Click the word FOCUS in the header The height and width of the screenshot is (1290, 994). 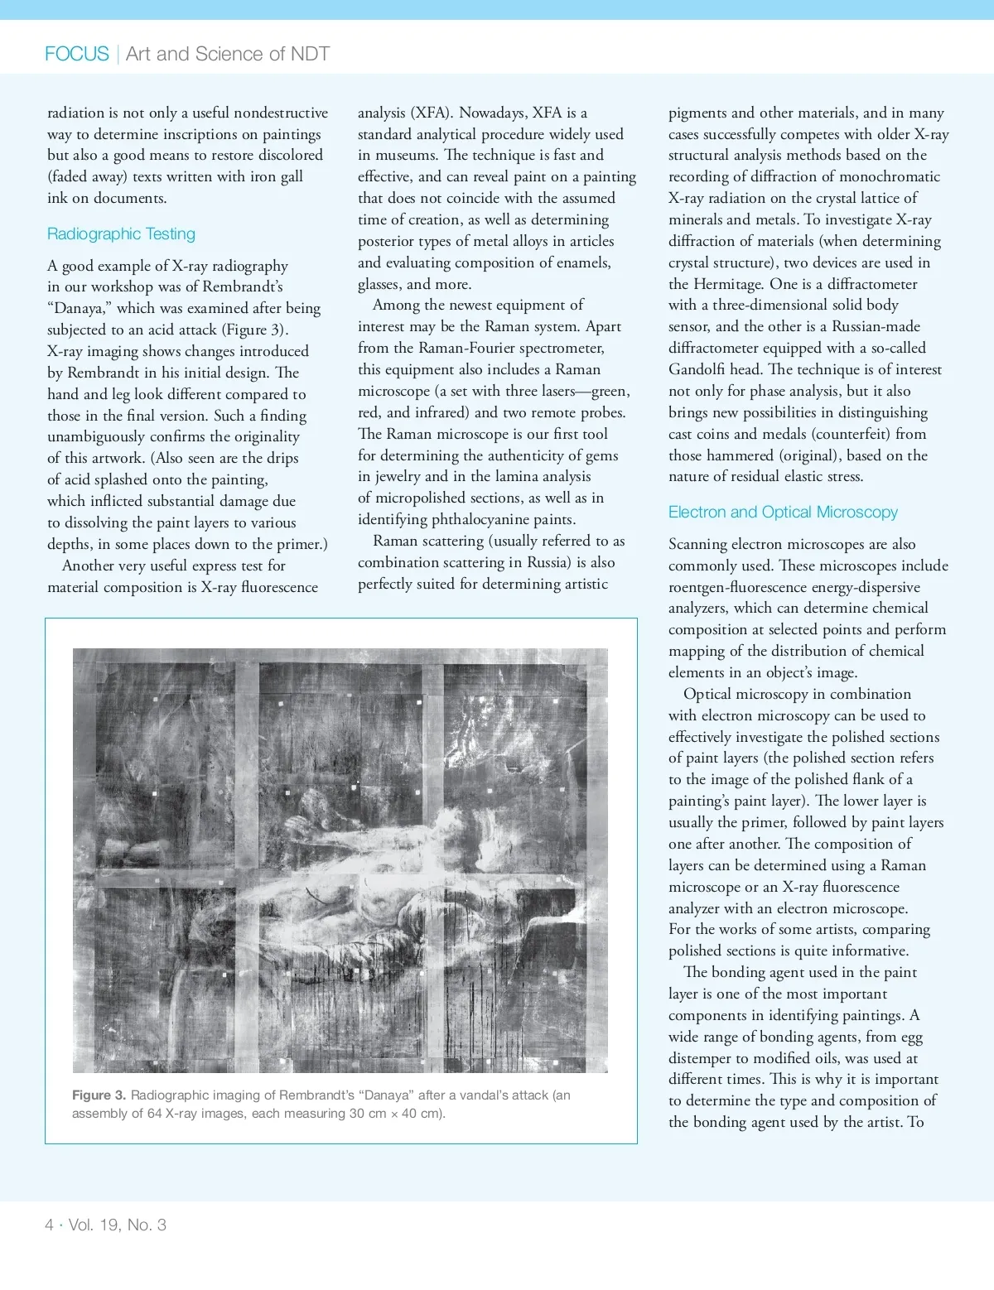pyautogui.click(x=77, y=54)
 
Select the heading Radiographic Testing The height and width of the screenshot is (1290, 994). pyautogui.click(x=121, y=234)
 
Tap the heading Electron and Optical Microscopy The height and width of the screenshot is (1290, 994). pyautogui.click(x=783, y=513)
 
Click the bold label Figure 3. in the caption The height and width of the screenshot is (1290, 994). pyautogui.click(x=99, y=1095)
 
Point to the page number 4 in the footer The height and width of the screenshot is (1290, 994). pyautogui.click(x=50, y=1225)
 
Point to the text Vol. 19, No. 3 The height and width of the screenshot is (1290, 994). pyautogui.click(x=118, y=1225)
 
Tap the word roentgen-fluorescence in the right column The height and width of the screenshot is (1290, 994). pyautogui.click(x=742, y=587)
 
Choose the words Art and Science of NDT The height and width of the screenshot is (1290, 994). pyautogui.click(x=228, y=54)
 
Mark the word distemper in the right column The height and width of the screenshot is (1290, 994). pyautogui.click(x=703, y=1058)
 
